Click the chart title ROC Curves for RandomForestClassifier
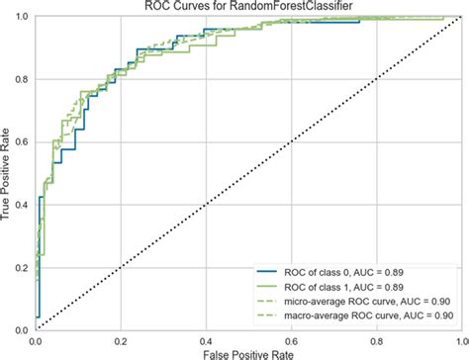(x=247, y=8)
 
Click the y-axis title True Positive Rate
(x=8, y=176)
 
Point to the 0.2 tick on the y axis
(x=21, y=267)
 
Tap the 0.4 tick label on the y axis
(x=21, y=205)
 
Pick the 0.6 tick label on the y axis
(x=21, y=142)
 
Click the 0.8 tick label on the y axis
(x=21, y=80)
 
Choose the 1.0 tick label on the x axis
(x=456, y=338)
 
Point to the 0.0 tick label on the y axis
(x=21, y=328)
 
